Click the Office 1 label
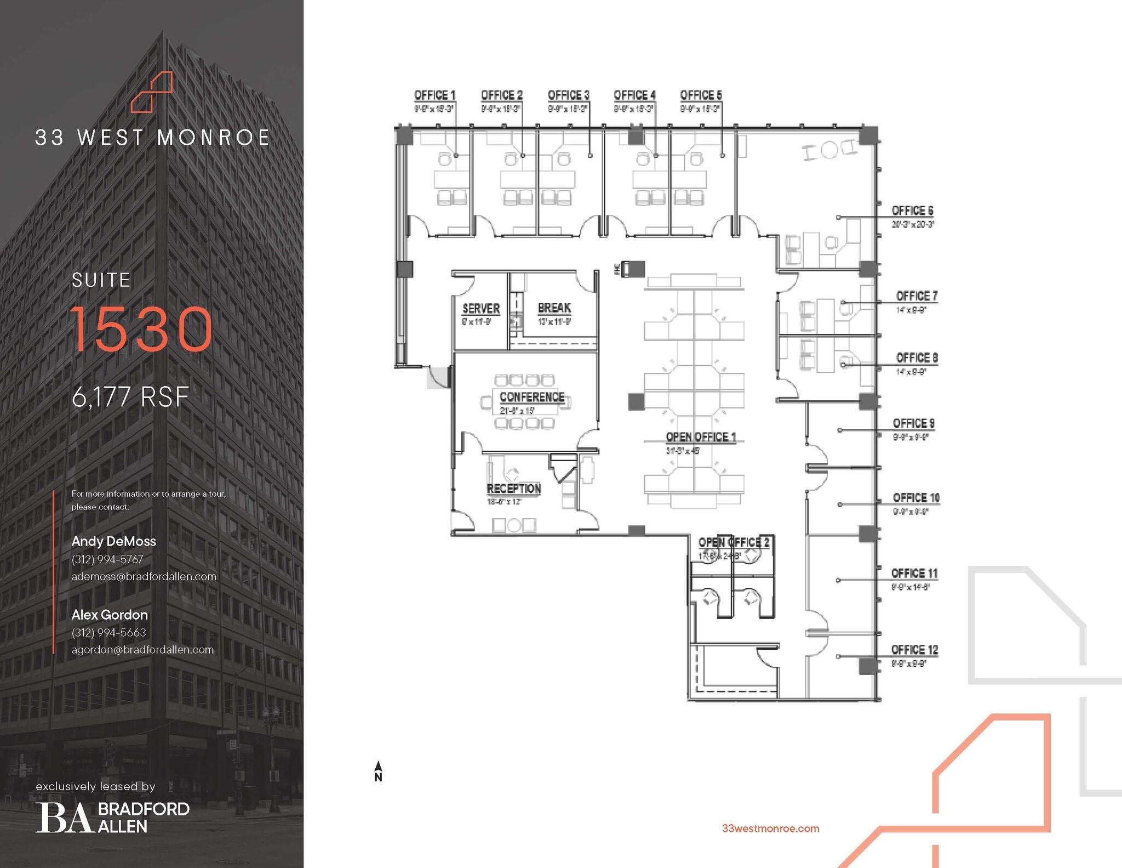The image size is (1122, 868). tap(434, 95)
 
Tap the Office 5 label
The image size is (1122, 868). tap(701, 95)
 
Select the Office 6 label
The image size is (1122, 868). tap(912, 211)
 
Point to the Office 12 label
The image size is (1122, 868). tap(914, 650)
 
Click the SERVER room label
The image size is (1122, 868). tap(481, 309)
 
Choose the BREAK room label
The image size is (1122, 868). tap(554, 308)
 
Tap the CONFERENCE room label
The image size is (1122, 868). tap(531, 397)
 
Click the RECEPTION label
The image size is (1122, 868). tap(514, 489)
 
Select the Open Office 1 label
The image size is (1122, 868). tap(701, 437)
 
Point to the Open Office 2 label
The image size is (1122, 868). tap(734, 542)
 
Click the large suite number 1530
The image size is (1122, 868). tap(141, 329)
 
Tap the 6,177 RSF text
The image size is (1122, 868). tap(130, 397)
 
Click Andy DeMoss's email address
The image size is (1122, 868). tap(144, 576)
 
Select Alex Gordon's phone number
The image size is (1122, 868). tap(108, 632)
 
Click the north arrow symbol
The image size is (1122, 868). tap(378, 770)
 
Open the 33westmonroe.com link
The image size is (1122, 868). tap(770, 829)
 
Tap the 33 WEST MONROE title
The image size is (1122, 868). tap(152, 138)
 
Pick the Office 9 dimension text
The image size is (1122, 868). tap(910, 437)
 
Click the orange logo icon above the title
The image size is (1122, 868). tap(152, 92)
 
